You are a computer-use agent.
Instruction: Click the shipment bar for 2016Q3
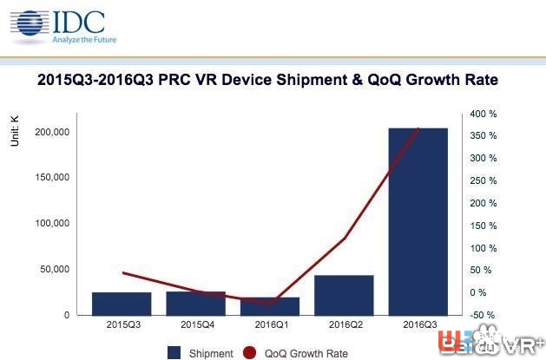point(418,221)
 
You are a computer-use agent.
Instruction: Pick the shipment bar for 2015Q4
point(195,303)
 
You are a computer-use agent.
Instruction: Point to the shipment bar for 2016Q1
point(270,306)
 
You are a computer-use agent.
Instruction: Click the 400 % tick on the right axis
point(483,114)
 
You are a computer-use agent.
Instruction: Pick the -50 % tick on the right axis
point(483,315)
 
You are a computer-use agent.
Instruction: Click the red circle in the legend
point(250,352)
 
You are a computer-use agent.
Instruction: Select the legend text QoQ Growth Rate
point(307,353)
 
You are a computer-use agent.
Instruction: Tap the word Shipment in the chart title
point(319,81)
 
